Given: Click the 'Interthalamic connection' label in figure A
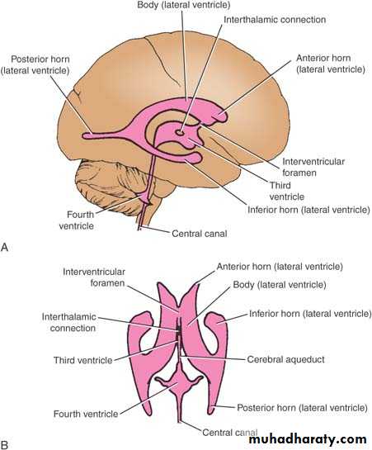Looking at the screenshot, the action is (275, 20).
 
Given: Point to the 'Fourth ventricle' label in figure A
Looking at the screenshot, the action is (77, 220).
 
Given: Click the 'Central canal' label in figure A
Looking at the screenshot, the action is (199, 234).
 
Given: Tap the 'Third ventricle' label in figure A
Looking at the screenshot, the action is (287, 191).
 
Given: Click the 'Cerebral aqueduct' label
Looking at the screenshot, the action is (285, 359).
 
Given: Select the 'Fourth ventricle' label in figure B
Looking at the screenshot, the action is (86, 414).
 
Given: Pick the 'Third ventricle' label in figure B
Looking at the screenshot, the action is (82, 360).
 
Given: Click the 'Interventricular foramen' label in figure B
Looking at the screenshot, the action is (94, 277).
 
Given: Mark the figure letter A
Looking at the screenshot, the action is (5, 248).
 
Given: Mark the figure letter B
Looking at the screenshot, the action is (4, 445).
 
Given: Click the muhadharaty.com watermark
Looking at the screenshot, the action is (308, 440).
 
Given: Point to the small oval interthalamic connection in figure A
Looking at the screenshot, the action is (180, 133).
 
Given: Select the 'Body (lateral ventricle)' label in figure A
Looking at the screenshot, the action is (184, 5).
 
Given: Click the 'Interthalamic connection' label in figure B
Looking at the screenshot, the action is (69, 322).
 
